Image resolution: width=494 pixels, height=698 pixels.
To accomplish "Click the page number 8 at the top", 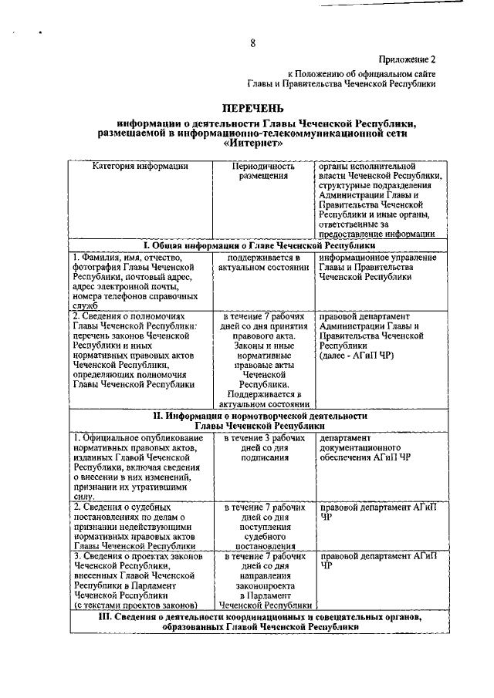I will click(252, 42).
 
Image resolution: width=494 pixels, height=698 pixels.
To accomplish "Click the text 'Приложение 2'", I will click(407, 59).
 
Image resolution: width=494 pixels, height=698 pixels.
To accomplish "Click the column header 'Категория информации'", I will click(140, 166).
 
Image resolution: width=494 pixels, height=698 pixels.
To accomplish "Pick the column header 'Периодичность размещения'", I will click(265, 171).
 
